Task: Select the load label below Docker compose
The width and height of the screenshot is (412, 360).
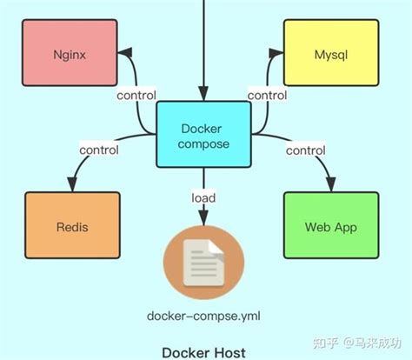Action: click(204, 198)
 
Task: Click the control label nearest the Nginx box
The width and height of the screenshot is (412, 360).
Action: click(134, 95)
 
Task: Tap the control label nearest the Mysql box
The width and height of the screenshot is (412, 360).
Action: click(267, 95)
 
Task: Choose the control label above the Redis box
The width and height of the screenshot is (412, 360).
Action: click(99, 150)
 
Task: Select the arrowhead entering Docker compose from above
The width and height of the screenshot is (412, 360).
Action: click(204, 94)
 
